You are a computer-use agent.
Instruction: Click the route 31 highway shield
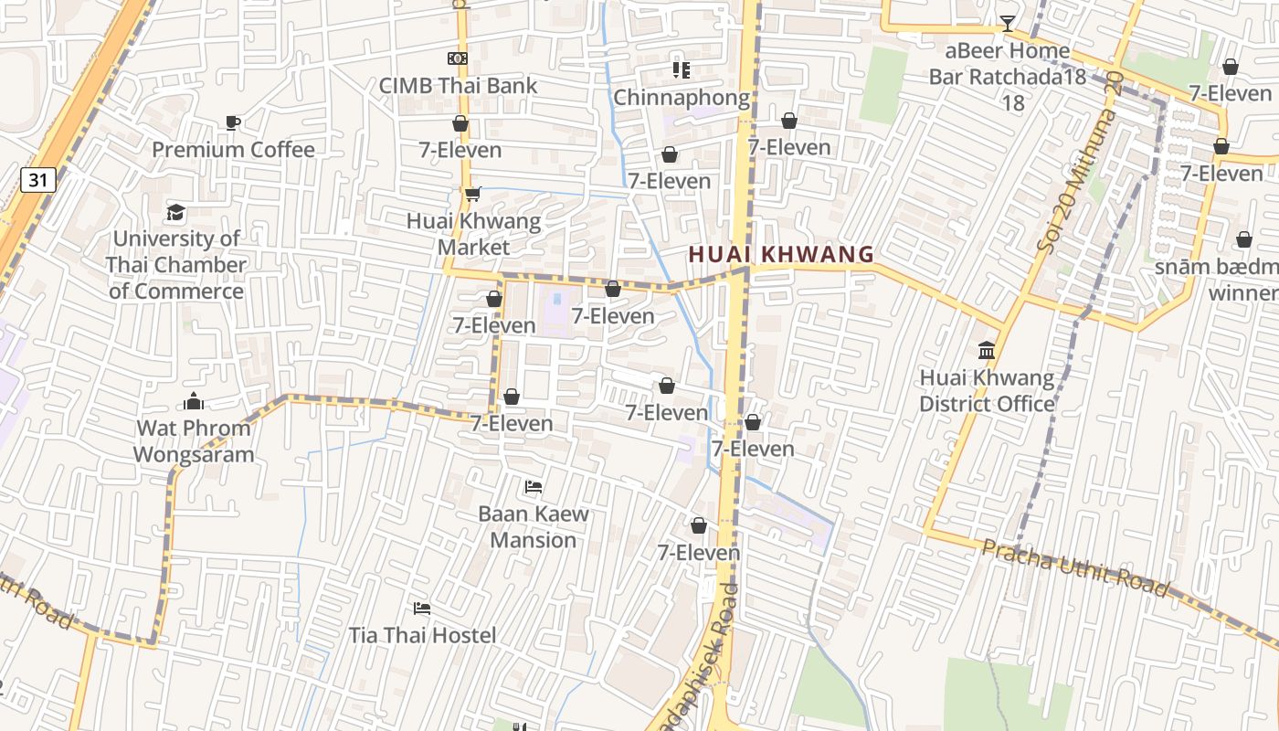pos(37,180)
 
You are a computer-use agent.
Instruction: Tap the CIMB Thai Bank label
pos(459,86)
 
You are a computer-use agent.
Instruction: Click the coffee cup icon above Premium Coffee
pos(233,122)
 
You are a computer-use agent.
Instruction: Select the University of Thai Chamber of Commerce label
pos(176,265)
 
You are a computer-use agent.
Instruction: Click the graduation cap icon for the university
pos(175,213)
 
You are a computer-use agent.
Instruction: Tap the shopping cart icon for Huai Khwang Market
pos(472,194)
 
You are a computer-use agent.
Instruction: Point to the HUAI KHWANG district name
pos(781,254)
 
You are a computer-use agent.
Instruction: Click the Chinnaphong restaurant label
pos(682,97)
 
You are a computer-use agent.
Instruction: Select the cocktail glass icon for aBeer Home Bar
pos(1007,24)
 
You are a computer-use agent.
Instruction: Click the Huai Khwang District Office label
pos(987,391)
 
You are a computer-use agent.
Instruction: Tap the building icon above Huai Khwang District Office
pos(987,351)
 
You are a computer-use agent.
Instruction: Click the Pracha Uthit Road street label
pos(1075,568)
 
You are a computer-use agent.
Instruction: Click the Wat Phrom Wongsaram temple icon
pos(194,401)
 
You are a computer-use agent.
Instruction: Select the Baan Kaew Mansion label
pos(534,526)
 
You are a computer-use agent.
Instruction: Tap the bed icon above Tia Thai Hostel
pos(422,608)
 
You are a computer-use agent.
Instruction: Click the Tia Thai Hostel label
pos(422,635)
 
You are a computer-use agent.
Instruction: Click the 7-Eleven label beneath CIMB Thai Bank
pos(460,150)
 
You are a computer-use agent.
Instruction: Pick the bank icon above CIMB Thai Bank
pos(458,58)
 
